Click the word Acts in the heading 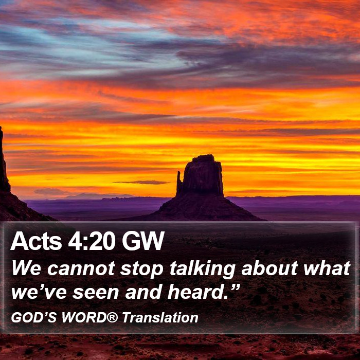click(36, 241)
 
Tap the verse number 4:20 click(92, 241)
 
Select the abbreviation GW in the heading click(143, 241)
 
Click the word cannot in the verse click(81, 268)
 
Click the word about click(269, 268)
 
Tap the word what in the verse click(327, 268)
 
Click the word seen click(96, 293)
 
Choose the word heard click(197, 292)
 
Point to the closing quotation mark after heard click(235, 287)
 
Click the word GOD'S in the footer click(34, 318)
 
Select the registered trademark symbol click(112, 317)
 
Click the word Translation click(160, 318)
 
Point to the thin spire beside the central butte click(179, 182)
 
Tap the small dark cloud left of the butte click(142, 182)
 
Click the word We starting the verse click(26, 268)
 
